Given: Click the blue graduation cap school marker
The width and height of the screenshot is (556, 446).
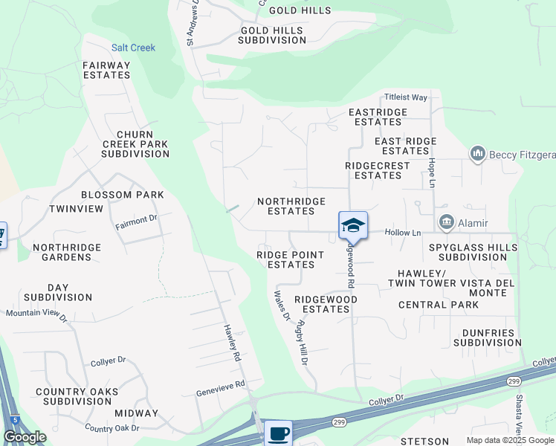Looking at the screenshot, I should (353, 225).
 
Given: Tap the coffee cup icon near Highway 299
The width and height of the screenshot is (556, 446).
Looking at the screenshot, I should (278, 432).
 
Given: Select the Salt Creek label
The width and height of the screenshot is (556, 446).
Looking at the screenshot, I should (134, 48).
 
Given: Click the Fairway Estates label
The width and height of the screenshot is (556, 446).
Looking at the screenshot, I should (107, 70).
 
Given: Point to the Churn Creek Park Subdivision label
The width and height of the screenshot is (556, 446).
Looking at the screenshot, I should (135, 143).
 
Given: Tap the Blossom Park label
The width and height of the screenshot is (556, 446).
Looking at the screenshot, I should (123, 195).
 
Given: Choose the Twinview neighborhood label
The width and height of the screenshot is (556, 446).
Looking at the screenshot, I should (77, 209).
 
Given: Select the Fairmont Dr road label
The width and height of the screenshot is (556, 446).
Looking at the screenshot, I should (137, 219).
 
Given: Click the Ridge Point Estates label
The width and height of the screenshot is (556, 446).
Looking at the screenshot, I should (291, 259).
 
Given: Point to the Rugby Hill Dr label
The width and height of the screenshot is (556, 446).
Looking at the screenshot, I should (303, 342).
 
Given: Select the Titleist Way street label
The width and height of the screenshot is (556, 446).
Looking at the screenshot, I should (405, 97).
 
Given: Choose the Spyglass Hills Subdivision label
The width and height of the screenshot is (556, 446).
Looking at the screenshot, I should (468, 252).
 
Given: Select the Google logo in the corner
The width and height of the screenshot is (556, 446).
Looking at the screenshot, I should (25, 437).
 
